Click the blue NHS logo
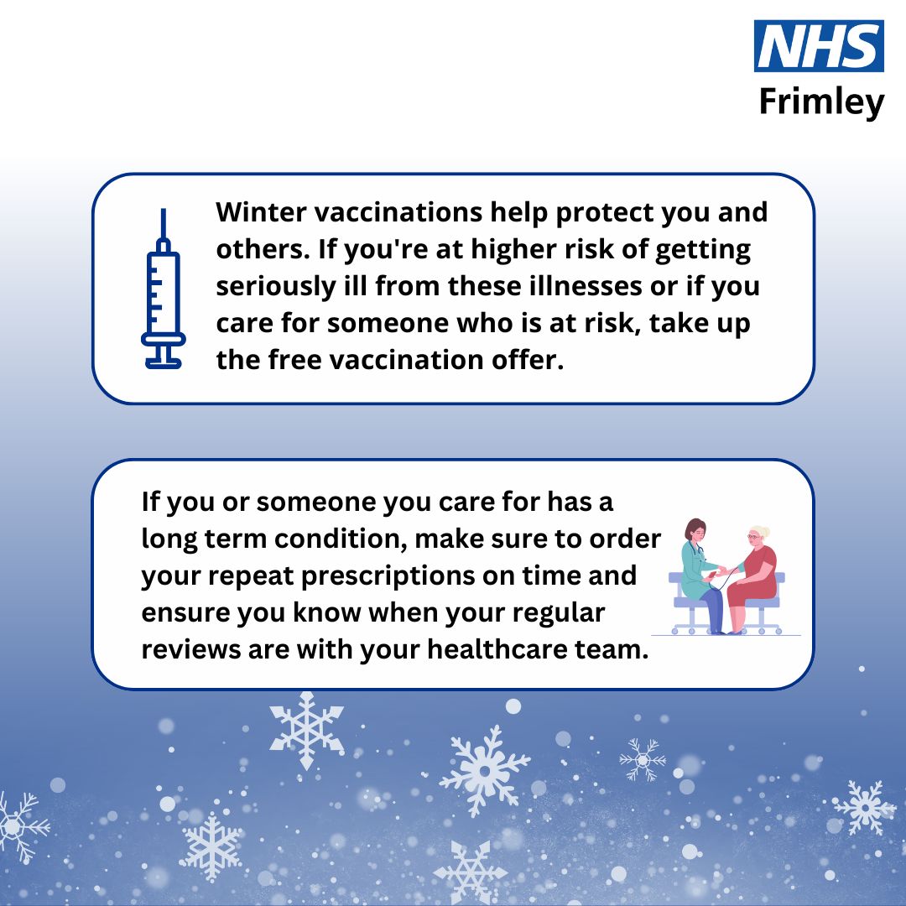tap(819, 46)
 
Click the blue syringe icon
tap(164, 289)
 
